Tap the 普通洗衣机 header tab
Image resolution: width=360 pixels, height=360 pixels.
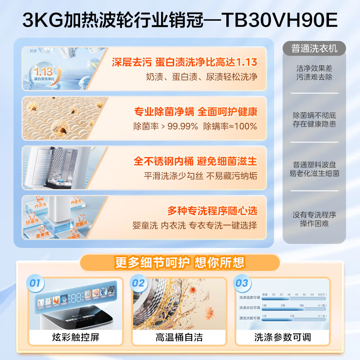click(314, 48)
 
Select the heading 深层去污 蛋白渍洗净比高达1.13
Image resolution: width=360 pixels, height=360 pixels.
click(184, 62)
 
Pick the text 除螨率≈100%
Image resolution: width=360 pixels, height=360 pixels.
click(230, 126)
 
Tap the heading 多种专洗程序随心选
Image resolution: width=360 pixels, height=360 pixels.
click(212, 210)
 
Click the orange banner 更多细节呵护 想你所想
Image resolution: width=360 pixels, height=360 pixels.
click(180, 263)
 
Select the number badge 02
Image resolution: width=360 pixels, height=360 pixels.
click(138, 283)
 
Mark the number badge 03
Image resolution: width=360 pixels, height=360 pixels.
click(242, 283)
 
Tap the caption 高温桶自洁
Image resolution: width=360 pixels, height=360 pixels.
click(179, 337)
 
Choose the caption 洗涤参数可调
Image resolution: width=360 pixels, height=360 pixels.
click(283, 337)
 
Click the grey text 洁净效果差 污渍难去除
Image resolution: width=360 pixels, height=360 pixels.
click(314, 73)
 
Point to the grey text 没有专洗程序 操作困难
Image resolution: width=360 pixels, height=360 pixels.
click(314, 219)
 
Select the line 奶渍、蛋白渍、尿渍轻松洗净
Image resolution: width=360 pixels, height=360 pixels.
click(202, 77)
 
